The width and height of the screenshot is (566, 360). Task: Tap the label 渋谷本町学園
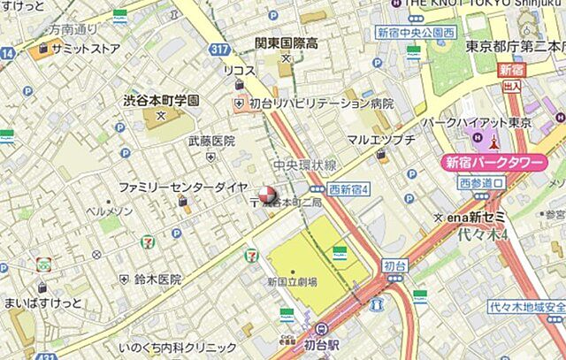click(x=161, y=101)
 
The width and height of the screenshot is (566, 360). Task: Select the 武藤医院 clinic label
click(x=211, y=141)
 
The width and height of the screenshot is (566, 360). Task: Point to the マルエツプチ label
click(x=381, y=139)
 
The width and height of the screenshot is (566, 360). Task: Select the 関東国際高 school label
click(x=285, y=45)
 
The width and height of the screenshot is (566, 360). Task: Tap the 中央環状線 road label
click(x=304, y=165)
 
